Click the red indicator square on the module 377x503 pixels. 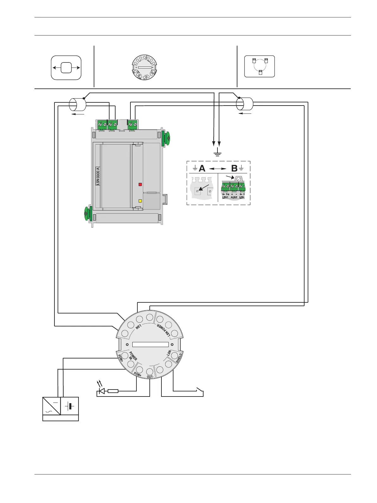140,184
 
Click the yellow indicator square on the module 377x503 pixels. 140,201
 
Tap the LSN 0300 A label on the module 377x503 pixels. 98,176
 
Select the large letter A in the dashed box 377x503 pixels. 202,168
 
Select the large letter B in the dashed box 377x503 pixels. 234,168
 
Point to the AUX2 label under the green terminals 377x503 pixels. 234,197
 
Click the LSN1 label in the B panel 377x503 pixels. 225,197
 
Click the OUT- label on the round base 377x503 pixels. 150,377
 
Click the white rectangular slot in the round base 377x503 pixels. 150,345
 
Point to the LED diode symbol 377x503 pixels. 102,391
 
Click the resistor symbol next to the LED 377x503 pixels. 113,391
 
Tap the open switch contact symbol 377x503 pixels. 200,390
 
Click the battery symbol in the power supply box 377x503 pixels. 70,406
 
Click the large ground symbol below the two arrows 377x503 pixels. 217,154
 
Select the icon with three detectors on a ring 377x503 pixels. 260,67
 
